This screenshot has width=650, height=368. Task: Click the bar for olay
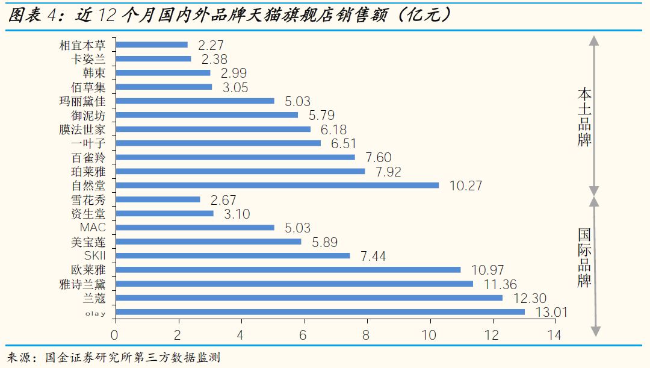320,312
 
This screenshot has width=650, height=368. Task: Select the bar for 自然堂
277,186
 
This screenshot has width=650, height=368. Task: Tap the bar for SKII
232,256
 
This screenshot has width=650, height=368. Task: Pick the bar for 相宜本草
151,45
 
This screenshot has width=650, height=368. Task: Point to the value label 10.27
465,186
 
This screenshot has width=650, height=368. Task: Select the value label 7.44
373,256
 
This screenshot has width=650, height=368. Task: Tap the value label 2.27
211,45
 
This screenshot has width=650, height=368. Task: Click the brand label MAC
93,228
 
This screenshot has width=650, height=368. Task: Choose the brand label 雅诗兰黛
82,284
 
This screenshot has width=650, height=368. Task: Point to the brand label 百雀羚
87,157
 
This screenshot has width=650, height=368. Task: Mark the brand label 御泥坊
87,115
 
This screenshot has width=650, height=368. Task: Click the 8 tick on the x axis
367,335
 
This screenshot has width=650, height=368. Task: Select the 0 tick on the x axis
115,335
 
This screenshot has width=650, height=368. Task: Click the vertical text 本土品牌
584,117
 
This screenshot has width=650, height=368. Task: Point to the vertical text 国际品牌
584,257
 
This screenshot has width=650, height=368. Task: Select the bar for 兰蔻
309,298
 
